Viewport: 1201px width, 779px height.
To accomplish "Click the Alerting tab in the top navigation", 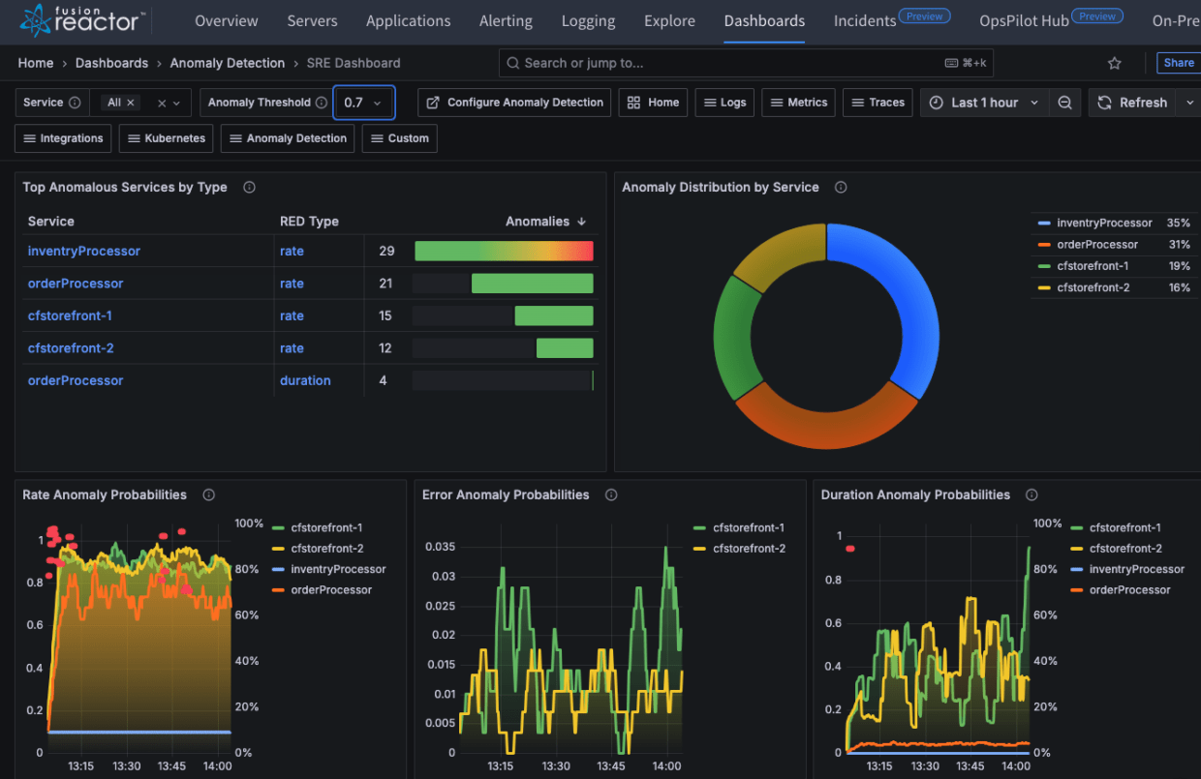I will coord(506,20).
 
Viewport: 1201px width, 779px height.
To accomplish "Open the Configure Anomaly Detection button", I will coord(515,103).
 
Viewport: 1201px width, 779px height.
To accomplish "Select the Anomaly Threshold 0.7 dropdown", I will coord(363,103).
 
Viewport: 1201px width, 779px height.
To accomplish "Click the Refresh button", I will coord(1132,103).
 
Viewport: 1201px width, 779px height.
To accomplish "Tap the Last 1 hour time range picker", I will coord(984,103).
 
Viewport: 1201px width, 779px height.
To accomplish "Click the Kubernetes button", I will coord(166,138).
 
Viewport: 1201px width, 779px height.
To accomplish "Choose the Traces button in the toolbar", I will coord(878,103).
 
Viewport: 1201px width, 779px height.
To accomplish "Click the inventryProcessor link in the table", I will coord(84,251).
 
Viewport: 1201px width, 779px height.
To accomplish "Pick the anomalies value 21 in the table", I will coord(386,284).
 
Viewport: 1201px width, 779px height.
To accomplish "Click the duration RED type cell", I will coord(305,380).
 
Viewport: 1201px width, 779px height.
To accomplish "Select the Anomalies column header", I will coord(538,222).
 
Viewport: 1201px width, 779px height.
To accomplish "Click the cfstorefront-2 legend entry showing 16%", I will coord(1093,287).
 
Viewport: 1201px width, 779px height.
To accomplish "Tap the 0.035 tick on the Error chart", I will coord(441,547).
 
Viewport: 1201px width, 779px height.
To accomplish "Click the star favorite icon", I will coord(1115,63).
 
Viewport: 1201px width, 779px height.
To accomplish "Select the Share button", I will coord(1178,63).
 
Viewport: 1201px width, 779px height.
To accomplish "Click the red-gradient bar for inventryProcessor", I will coord(504,252).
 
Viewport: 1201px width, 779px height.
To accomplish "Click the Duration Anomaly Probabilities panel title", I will coord(915,494).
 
